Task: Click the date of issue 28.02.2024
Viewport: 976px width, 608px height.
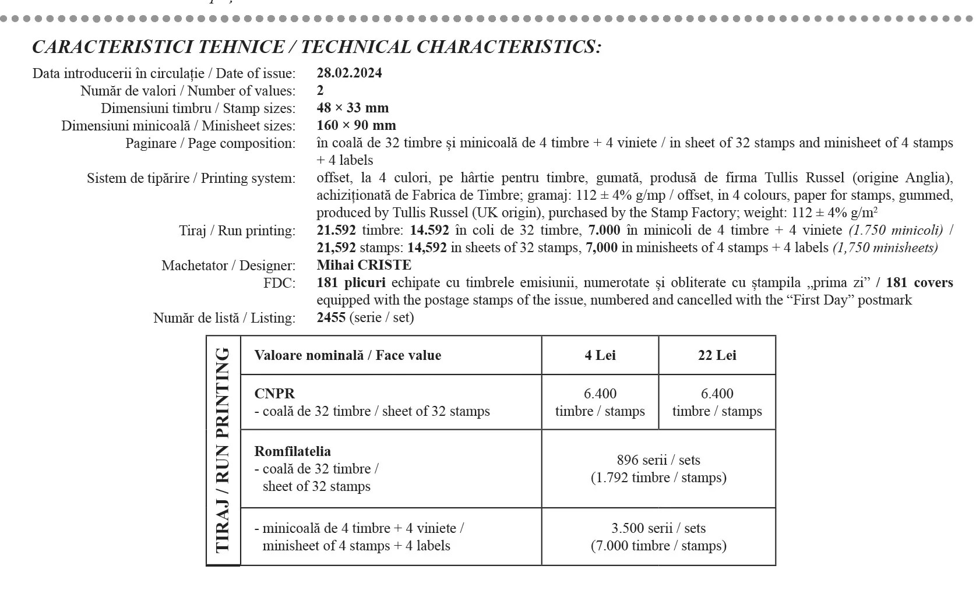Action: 349,73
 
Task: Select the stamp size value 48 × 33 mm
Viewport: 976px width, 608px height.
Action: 353,108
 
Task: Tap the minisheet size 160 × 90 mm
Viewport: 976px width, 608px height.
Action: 356,125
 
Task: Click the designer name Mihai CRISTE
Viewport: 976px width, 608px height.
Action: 364,265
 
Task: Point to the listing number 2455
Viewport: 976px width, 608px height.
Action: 331,317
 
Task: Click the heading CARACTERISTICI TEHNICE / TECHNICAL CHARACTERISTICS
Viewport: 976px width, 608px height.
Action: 316,47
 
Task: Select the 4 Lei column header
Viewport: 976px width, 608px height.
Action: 600,355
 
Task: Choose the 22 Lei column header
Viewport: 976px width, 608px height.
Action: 717,355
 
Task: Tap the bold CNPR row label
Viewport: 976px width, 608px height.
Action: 274,394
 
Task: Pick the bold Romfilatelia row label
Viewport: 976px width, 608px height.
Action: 293,451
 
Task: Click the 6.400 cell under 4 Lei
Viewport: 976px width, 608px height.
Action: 600,402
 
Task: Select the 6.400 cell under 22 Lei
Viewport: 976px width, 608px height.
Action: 717,402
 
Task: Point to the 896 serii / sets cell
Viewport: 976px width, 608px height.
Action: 658,468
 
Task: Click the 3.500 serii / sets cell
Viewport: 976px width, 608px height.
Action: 658,536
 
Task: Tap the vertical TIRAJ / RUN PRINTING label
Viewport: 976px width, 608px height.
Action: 223,450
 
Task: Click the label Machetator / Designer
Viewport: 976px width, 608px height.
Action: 228,266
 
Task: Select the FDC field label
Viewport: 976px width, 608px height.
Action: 279,283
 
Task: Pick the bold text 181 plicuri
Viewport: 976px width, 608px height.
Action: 351,282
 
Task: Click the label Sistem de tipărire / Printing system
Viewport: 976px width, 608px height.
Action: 191,178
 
